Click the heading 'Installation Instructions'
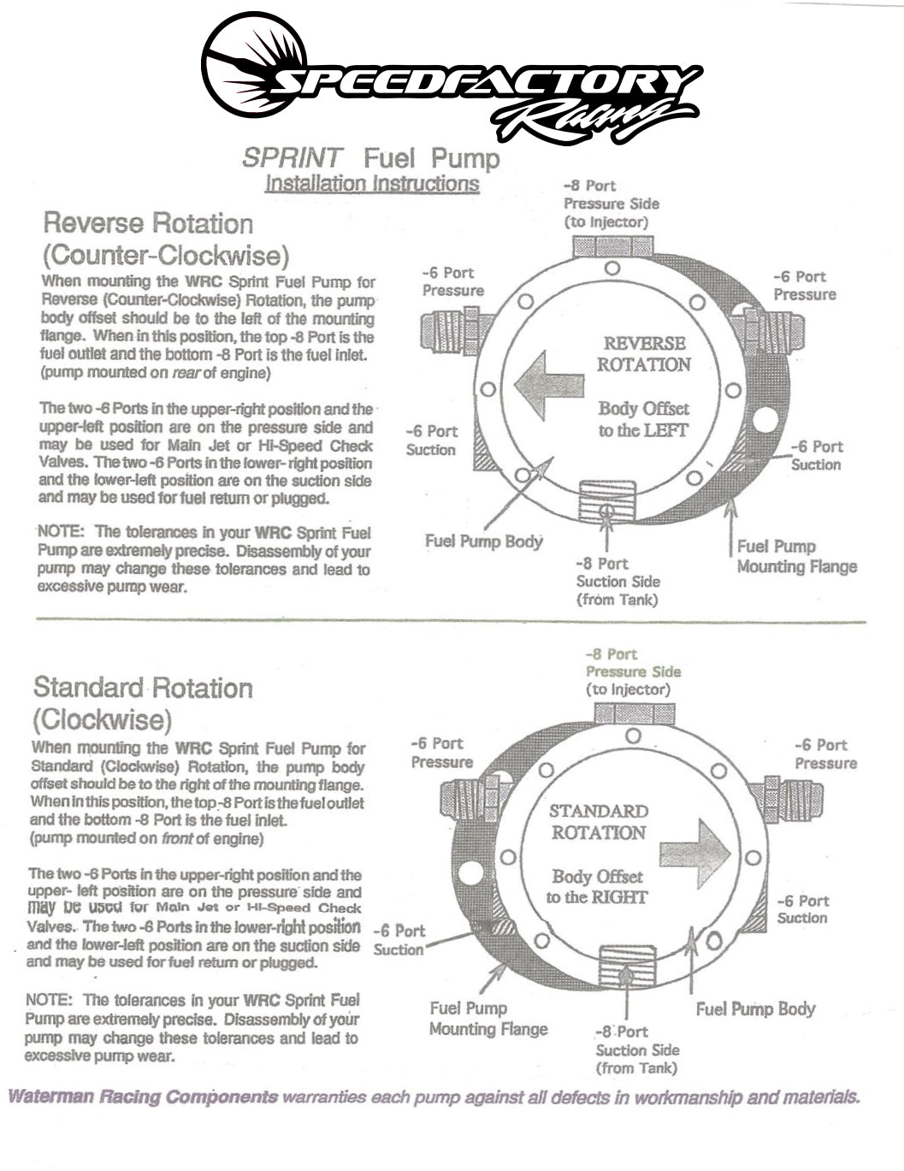pyautogui.click(x=372, y=183)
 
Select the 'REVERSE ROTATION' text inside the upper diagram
pyautogui.click(x=643, y=354)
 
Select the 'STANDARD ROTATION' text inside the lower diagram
pyautogui.click(x=598, y=822)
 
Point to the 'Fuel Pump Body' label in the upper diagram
pyautogui.click(x=484, y=541)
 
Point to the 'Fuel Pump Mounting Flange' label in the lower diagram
pyautogui.click(x=488, y=1019)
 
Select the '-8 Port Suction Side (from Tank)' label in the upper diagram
pyautogui.click(x=617, y=582)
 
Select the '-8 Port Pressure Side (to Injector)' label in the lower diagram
pyautogui.click(x=633, y=671)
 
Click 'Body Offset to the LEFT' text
pyautogui.click(x=643, y=420)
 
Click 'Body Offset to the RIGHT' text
pyautogui.click(x=597, y=887)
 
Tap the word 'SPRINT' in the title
pyautogui.click(x=292, y=158)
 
